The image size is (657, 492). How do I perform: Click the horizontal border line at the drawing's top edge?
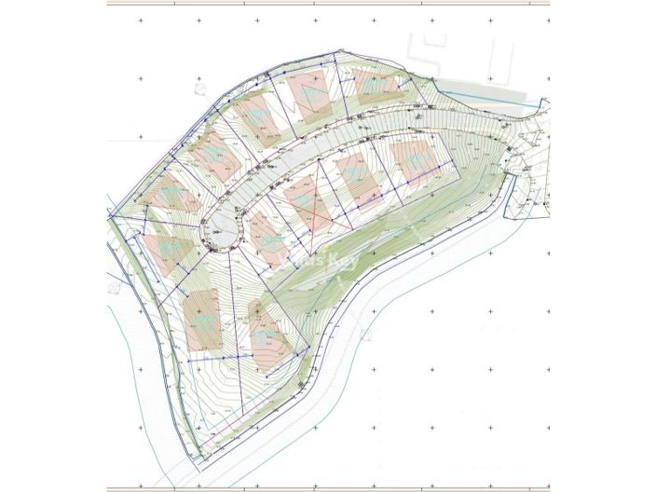(326, 5)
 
